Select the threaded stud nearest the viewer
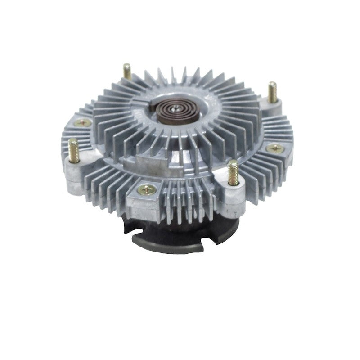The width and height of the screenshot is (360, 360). (x=233, y=172)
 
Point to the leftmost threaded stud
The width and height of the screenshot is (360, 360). (x=74, y=150)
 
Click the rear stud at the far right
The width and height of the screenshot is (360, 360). (x=273, y=92)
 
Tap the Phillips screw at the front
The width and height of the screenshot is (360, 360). (x=147, y=190)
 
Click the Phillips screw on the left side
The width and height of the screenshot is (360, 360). (x=83, y=122)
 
